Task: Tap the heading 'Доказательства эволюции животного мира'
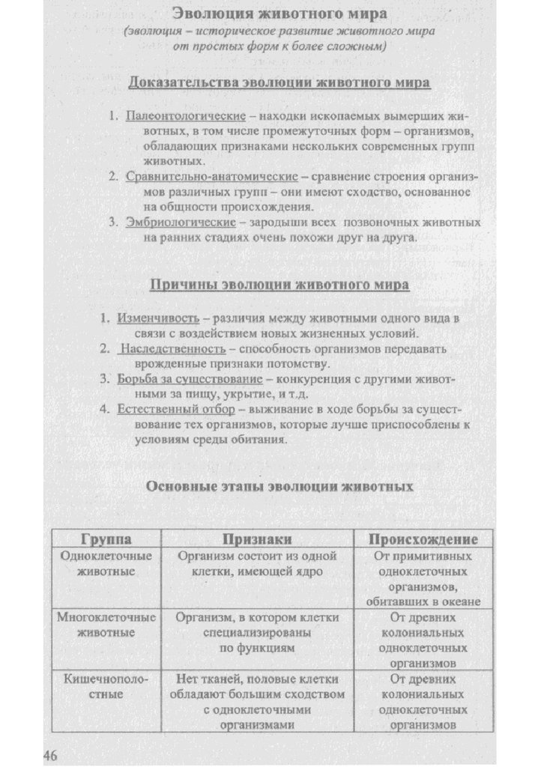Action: (x=279, y=82)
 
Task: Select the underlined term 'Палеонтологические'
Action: (x=186, y=118)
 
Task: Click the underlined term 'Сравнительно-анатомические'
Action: (x=212, y=178)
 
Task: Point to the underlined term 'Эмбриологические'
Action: (x=181, y=222)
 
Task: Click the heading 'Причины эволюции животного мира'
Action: (x=280, y=285)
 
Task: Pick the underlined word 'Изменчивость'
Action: (x=158, y=318)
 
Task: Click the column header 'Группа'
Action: (x=106, y=539)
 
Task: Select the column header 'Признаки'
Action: (x=257, y=539)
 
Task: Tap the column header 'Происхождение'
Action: (x=423, y=539)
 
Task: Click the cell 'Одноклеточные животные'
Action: (x=106, y=564)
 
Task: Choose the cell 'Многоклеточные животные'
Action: (x=106, y=625)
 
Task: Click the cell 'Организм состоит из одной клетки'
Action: (x=257, y=564)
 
